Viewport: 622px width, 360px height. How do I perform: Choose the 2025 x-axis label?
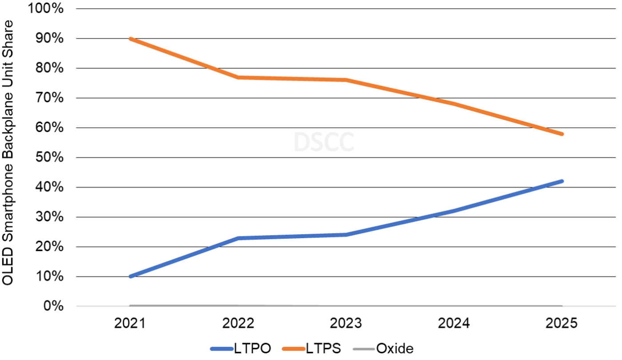pyautogui.click(x=562, y=323)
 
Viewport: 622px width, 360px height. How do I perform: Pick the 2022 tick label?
pyautogui.click(x=238, y=323)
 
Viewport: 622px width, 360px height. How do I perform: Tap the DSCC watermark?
pyautogui.click(x=324, y=142)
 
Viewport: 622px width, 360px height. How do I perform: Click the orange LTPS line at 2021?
pyautogui.click(x=130, y=39)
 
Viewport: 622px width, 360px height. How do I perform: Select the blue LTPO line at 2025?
pyautogui.click(x=562, y=181)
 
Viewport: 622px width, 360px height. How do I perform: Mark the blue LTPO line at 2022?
pyautogui.click(x=238, y=238)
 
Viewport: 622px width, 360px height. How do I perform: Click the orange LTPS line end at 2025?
pyautogui.click(x=562, y=134)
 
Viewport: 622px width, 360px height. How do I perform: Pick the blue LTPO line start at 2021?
pyautogui.click(x=130, y=276)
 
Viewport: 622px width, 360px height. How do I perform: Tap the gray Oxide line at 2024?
pyautogui.click(x=454, y=306)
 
